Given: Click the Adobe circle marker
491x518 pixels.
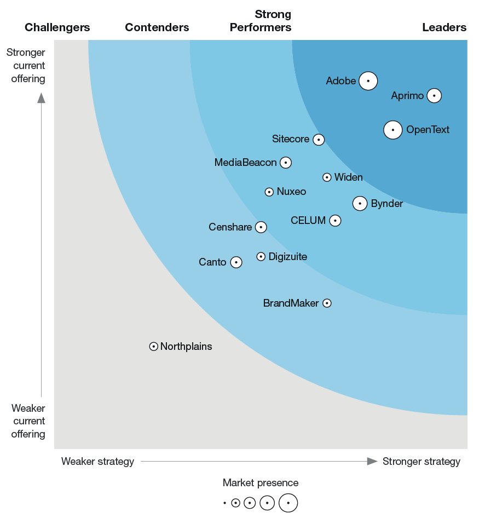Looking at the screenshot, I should [368, 81].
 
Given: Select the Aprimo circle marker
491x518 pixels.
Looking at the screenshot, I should [434, 96].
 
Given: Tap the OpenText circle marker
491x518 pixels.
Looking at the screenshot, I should [393, 130].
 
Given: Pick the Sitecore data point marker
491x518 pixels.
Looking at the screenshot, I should [319, 140].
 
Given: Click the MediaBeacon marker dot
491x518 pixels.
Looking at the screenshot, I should [285, 163].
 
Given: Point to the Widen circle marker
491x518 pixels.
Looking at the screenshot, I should [327, 177].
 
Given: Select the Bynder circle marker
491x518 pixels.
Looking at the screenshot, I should [360, 204].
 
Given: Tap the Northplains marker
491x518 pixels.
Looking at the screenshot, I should [154, 347].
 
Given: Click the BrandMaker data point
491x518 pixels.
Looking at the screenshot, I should [327, 303].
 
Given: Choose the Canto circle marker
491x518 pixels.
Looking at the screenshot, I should [236, 262].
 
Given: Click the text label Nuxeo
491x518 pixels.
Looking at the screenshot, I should [291, 192].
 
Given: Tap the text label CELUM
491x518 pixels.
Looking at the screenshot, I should [308, 221].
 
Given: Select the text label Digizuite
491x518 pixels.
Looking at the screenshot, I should [288, 257].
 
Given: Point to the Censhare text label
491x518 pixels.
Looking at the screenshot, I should [230, 227].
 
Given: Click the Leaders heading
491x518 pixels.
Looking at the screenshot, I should [444, 27].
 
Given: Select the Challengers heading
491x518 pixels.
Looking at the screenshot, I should [57, 27].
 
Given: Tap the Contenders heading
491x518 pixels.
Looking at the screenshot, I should [157, 27].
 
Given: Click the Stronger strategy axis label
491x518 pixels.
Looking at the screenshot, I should [421, 462].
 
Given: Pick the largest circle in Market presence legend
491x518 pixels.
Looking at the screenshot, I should [288, 503].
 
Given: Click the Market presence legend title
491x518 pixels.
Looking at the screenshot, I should [261, 483].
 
